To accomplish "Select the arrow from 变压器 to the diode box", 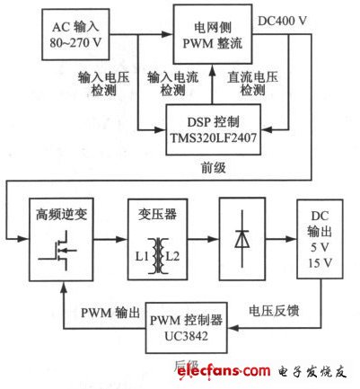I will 202,241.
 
